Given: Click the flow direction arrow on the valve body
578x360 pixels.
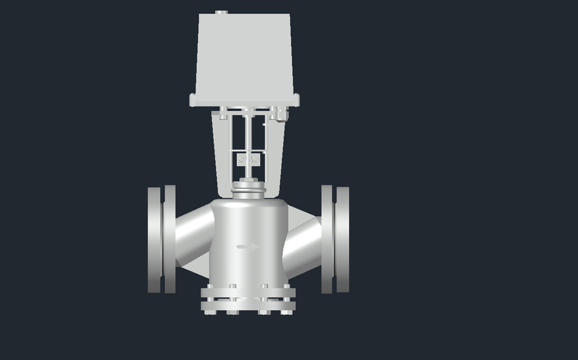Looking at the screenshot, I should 248,246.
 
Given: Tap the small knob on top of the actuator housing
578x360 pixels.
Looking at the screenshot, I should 222,12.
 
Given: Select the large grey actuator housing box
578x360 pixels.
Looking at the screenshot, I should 244,54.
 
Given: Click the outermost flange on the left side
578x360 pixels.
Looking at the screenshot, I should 154,240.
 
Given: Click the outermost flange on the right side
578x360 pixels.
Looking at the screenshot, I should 343,240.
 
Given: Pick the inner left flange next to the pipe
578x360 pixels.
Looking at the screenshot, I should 170,240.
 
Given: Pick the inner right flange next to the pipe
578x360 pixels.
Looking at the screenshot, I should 327,240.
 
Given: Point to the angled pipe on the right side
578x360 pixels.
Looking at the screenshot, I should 303,244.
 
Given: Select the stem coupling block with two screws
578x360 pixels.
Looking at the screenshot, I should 249,160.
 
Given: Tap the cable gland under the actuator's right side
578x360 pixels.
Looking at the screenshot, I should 280,114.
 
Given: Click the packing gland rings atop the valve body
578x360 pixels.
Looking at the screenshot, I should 248,190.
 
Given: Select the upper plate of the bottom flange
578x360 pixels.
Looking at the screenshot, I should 248,293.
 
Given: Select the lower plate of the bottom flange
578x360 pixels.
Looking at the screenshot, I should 248,305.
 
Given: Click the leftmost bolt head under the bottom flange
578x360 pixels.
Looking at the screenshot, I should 209,312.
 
